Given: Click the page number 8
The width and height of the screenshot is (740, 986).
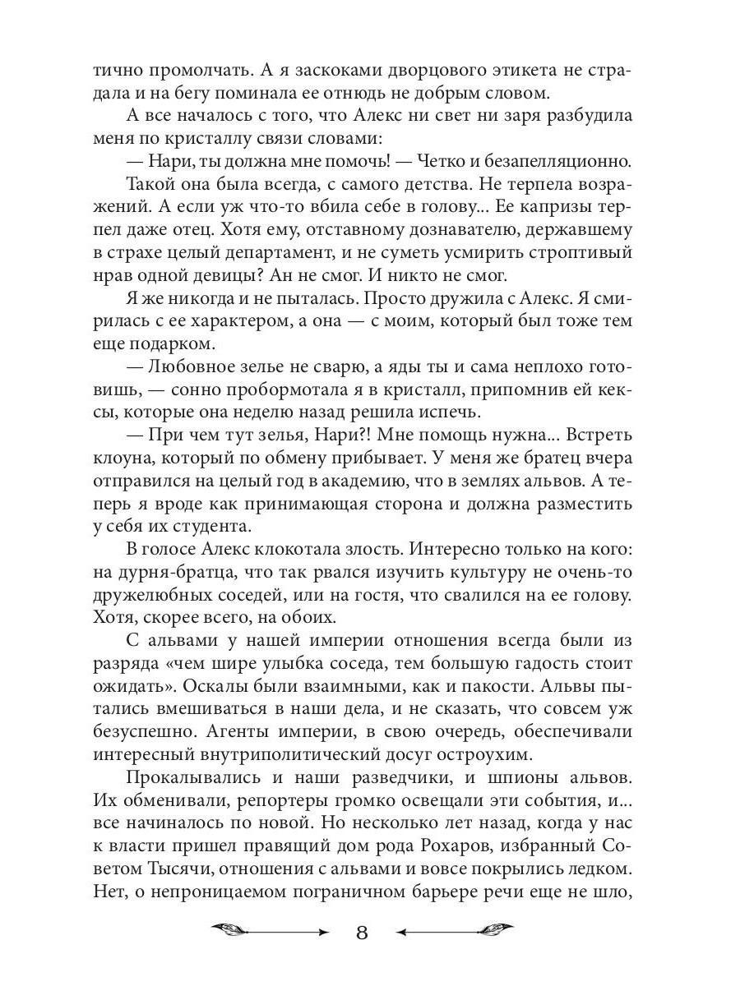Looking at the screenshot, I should pos(362,933).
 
